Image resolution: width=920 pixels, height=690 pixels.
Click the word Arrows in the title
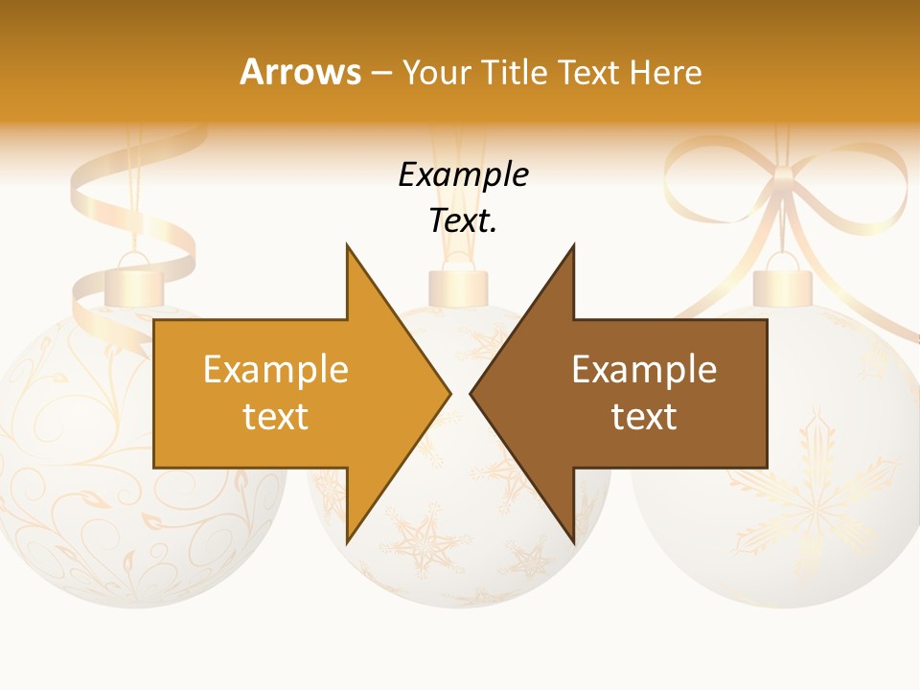tap(300, 72)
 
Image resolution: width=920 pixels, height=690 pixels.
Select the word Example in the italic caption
tap(464, 174)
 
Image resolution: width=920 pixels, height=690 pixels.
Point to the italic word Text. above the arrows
tap(464, 220)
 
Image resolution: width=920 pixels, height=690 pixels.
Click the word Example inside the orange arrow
tap(275, 369)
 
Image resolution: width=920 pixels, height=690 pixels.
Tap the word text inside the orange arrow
tap(275, 416)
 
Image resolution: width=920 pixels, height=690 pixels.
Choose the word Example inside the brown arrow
tap(644, 369)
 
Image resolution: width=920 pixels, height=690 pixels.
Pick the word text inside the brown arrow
tap(644, 416)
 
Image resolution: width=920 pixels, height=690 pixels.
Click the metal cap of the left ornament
tap(134, 287)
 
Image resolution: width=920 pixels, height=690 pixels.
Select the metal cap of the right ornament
tap(783, 287)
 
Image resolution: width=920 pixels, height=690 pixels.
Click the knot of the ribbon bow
tap(784, 178)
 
